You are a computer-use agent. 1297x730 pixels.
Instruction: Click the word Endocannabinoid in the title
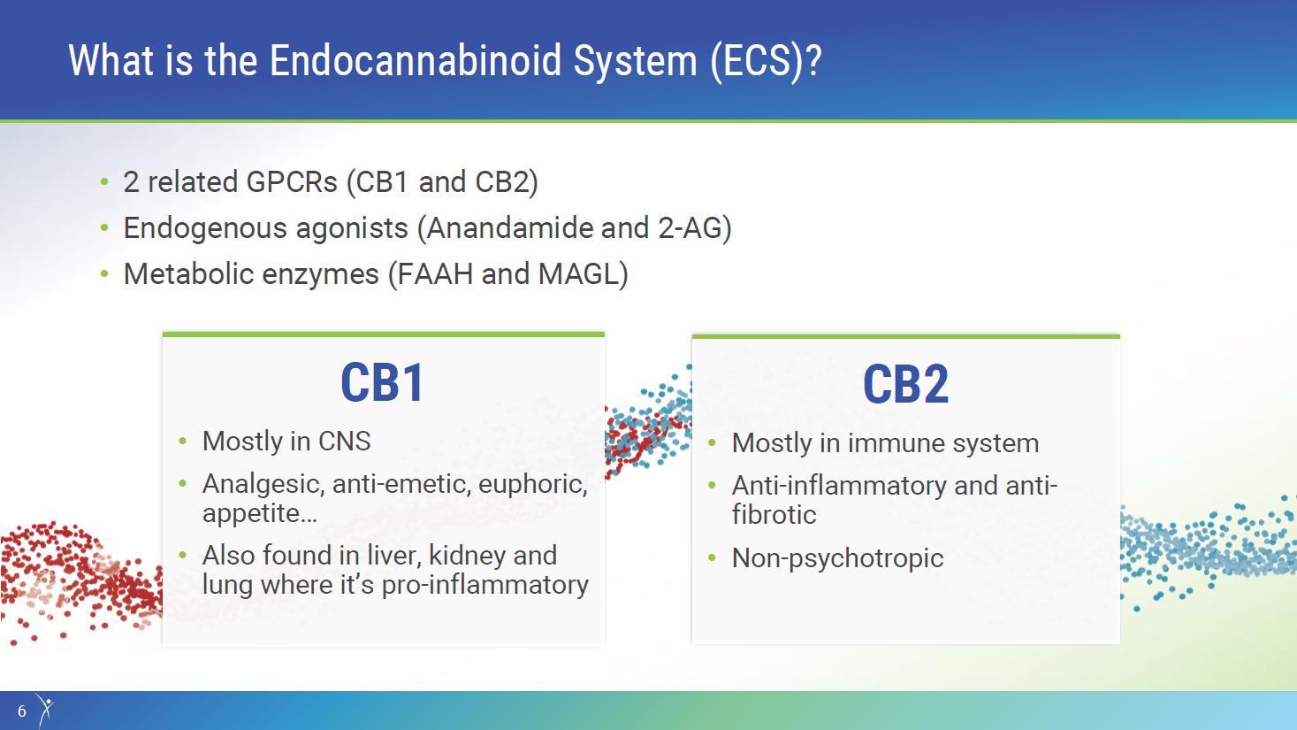[416, 60]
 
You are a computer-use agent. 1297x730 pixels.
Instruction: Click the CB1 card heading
[383, 382]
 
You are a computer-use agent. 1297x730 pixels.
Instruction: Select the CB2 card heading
[905, 384]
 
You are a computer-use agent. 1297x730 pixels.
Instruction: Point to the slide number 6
[22, 711]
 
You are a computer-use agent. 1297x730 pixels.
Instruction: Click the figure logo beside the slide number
[45, 709]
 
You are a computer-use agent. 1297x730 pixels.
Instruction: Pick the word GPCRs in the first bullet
[291, 182]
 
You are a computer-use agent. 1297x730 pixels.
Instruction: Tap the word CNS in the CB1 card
[345, 442]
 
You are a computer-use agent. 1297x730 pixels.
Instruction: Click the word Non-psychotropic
[837, 558]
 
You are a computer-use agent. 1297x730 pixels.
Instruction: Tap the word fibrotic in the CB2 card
[774, 514]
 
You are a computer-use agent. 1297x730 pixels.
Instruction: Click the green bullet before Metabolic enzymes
[104, 274]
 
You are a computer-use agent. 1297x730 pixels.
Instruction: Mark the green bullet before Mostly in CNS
[183, 442]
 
